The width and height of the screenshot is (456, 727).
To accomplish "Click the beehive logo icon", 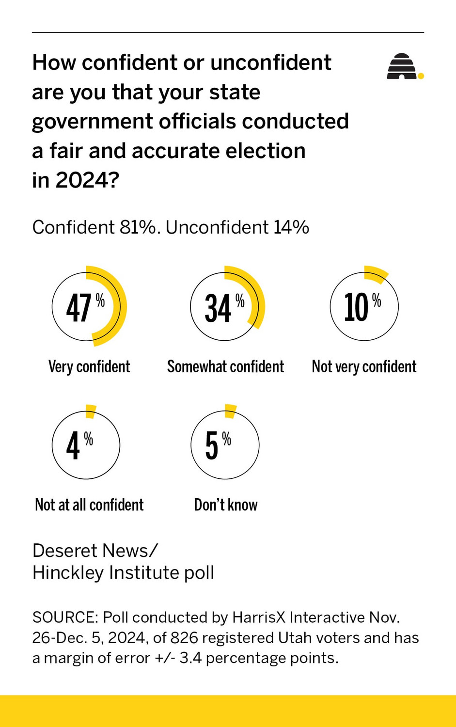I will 402,66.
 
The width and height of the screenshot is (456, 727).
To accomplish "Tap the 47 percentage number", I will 79,308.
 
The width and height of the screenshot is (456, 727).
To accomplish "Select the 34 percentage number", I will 218,309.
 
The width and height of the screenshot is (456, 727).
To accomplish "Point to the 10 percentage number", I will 356,308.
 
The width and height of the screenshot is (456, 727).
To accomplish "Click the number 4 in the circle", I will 73,446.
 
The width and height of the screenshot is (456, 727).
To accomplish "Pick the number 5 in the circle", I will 212,446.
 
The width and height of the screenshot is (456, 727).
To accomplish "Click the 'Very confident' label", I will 89,366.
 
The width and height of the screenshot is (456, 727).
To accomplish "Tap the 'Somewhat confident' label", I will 225,366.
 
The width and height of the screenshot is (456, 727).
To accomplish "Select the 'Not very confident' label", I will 364,366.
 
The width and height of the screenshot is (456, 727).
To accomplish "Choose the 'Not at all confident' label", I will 89,505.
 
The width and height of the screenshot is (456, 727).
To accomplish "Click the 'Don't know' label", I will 225,505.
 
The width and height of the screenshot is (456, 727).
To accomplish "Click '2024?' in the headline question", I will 87,180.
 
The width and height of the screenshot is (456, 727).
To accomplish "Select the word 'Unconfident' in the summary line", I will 217,227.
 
